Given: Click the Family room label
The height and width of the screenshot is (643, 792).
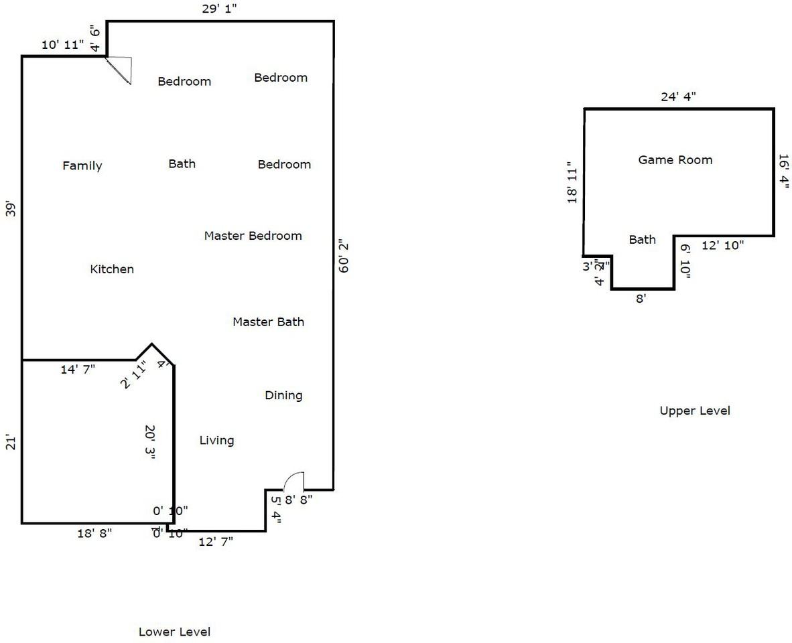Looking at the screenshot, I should [x=82, y=165].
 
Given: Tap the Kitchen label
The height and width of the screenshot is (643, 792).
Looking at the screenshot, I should [x=112, y=269].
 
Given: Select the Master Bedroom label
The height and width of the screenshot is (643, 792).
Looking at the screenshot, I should [x=253, y=236].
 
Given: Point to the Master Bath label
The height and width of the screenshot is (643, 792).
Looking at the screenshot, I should [x=268, y=322].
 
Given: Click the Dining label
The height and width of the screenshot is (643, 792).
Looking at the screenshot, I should [x=283, y=395].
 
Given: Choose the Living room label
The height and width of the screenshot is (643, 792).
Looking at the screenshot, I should [x=216, y=440].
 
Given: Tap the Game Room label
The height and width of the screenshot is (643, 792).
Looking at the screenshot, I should [x=675, y=160].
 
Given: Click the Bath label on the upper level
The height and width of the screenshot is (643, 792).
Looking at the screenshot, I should [x=642, y=240].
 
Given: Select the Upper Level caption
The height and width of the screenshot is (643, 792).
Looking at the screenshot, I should [x=695, y=411].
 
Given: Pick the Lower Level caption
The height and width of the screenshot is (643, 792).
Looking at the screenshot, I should [x=174, y=632].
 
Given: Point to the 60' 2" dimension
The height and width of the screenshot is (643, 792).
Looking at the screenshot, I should [x=344, y=256].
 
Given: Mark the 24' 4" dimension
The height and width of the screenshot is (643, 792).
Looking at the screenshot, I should [x=678, y=96].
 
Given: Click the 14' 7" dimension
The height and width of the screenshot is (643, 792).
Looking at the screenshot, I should [x=78, y=369].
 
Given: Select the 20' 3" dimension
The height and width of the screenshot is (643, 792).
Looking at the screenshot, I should [x=150, y=441].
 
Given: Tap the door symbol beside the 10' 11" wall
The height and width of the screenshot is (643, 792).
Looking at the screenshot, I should [x=121, y=69].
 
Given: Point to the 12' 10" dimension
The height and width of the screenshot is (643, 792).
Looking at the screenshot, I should [x=722, y=245].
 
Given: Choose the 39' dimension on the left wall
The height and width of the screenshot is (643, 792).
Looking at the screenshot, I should [x=11, y=208].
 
